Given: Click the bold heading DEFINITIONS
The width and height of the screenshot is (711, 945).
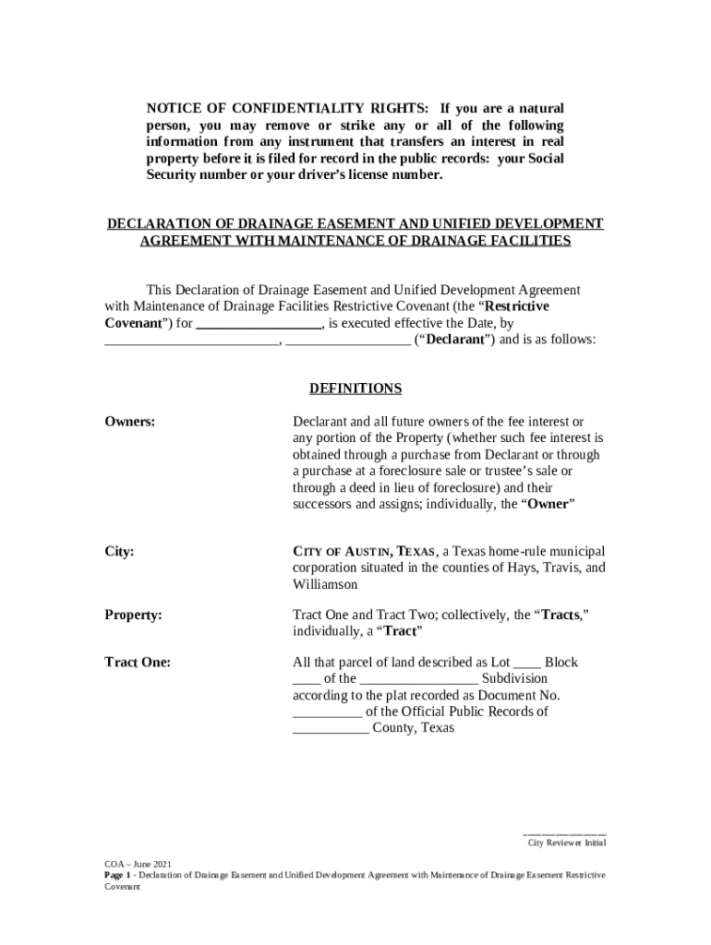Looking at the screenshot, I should (x=355, y=389).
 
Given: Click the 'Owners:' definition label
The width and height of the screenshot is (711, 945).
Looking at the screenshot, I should (x=129, y=422).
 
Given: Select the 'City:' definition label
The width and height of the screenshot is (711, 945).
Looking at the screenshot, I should (x=119, y=552).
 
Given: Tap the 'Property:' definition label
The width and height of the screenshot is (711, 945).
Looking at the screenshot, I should (x=133, y=614).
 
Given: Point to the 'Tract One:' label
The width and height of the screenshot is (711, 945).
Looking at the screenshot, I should (x=137, y=662).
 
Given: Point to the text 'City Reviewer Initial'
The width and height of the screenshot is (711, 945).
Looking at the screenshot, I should (x=566, y=843).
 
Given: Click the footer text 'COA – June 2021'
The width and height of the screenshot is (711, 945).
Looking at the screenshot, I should (x=137, y=864).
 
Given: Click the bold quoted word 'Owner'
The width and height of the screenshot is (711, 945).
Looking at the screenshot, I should (x=548, y=504).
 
